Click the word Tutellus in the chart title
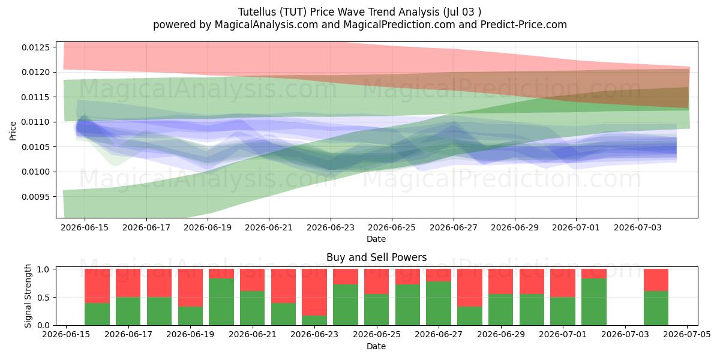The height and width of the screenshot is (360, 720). tap(257, 12)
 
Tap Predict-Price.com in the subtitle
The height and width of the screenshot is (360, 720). tap(524, 25)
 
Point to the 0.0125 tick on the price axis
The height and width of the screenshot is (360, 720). tap(36, 47)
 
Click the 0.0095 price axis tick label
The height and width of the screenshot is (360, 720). tap(36, 197)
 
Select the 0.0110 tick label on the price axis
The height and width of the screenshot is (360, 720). tap(36, 122)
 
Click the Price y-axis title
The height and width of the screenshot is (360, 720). tap(13, 131)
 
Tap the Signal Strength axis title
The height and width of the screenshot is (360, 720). tap(28, 296)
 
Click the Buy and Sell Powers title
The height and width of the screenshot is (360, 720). tap(376, 257)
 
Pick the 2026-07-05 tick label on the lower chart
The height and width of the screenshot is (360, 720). tap(687, 335)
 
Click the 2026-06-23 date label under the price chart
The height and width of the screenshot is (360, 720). tap(331, 227)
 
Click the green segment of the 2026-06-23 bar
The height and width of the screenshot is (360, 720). tap(314, 320)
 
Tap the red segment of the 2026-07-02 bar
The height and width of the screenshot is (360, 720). tap(594, 274)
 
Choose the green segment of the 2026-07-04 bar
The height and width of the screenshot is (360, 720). tap(656, 308)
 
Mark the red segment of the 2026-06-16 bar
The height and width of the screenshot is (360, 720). tap(97, 286)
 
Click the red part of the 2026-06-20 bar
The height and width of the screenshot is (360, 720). tap(221, 274)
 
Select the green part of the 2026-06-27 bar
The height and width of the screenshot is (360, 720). tap(439, 304)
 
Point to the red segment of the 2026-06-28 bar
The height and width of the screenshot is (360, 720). tap(470, 287)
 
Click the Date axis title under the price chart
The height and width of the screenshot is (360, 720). tap(376, 239)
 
